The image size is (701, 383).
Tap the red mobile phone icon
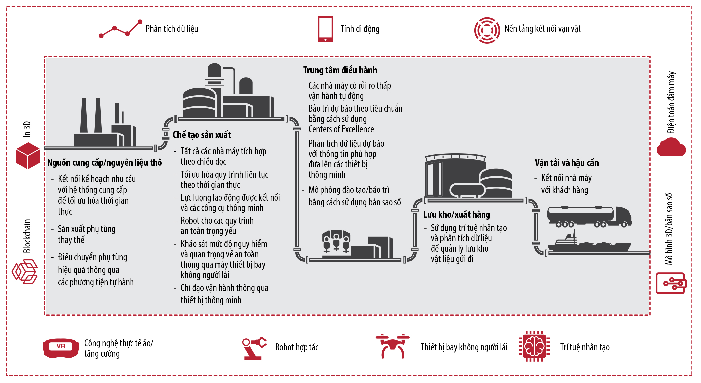(325, 29)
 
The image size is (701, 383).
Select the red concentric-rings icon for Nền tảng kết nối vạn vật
(487, 30)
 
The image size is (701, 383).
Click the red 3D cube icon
(28, 155)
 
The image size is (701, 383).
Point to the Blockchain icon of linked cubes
(25, 272)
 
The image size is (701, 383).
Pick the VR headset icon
(61, 348)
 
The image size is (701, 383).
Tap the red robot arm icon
(254, 348)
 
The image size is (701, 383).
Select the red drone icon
(393, 346)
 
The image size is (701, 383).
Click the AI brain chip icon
(534, 346)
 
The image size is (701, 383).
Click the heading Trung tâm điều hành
(340, 70)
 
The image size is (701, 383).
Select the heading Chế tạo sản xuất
(202, 135)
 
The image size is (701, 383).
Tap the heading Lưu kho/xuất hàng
(457, 214)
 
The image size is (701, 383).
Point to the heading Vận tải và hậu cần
(567, 163)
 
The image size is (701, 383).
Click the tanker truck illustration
(589, 217)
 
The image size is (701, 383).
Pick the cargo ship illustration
(589, 243)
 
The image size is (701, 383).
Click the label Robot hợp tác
(297, 347)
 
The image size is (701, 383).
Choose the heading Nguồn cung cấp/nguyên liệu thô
(105, 162)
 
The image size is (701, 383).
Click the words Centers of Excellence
(341, 129)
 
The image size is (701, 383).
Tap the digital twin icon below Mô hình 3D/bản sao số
(671, 283)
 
